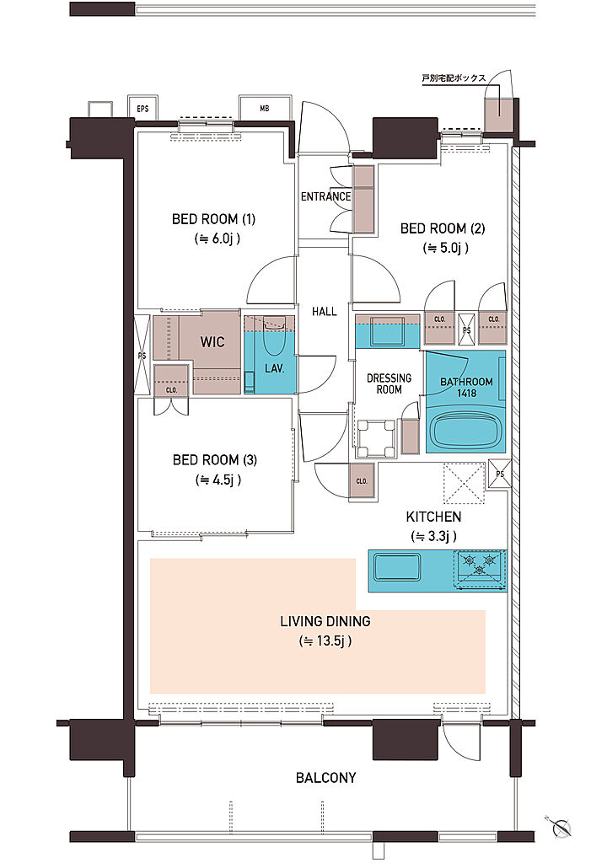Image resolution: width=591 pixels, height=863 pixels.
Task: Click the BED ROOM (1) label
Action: (x=213, y=219)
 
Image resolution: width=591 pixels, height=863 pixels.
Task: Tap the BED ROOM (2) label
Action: (x=443, y=228)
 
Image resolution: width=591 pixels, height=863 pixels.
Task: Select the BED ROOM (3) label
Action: (x=215, y=460)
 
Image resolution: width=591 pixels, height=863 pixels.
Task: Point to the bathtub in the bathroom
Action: (x=466, y=431)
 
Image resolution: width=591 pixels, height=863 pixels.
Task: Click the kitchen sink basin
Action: (x=396, y=567)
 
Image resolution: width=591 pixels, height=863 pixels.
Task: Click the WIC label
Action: (x=212, y=342)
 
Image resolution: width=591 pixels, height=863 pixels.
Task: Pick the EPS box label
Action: (x=142, y=109)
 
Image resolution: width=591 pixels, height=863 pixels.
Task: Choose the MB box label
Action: (x=265, y=109)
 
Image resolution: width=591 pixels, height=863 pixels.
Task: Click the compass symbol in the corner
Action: (x=561, y=826)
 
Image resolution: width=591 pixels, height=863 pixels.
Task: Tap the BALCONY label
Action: (x=326, y=778)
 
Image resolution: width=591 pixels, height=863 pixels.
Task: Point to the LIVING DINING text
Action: (x=325, y=621)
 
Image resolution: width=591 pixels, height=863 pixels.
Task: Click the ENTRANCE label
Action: (x=325, y=196)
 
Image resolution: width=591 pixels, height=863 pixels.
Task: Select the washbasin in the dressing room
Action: (x=387, y=333)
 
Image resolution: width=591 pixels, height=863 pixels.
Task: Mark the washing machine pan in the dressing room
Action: (x=377, y=438)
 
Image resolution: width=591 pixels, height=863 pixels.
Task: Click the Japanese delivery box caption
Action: (x=454, y=78)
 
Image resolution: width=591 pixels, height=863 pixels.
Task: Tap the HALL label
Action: (x=325, y=312)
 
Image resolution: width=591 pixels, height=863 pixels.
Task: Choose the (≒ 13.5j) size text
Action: (x=325, y=641)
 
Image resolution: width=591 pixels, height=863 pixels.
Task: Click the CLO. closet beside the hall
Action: (x=362, y=480)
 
